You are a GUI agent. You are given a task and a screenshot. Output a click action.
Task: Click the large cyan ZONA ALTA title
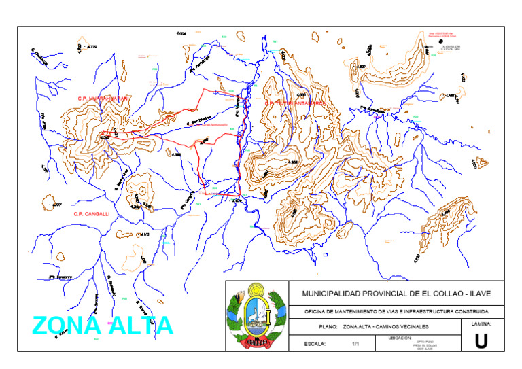tap(103, 326)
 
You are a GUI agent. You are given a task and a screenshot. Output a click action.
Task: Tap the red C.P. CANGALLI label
tap(92, 213)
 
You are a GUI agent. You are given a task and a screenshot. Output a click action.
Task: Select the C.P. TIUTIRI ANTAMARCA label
tap(296, 103)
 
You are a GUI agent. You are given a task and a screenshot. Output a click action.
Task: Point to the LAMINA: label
tap(481, 324)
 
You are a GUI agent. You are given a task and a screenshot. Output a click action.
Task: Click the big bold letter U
tap(481, 342)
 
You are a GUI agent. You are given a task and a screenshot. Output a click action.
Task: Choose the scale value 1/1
tap(355, 344)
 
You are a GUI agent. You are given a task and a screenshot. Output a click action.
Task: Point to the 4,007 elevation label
tap(56, 204)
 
